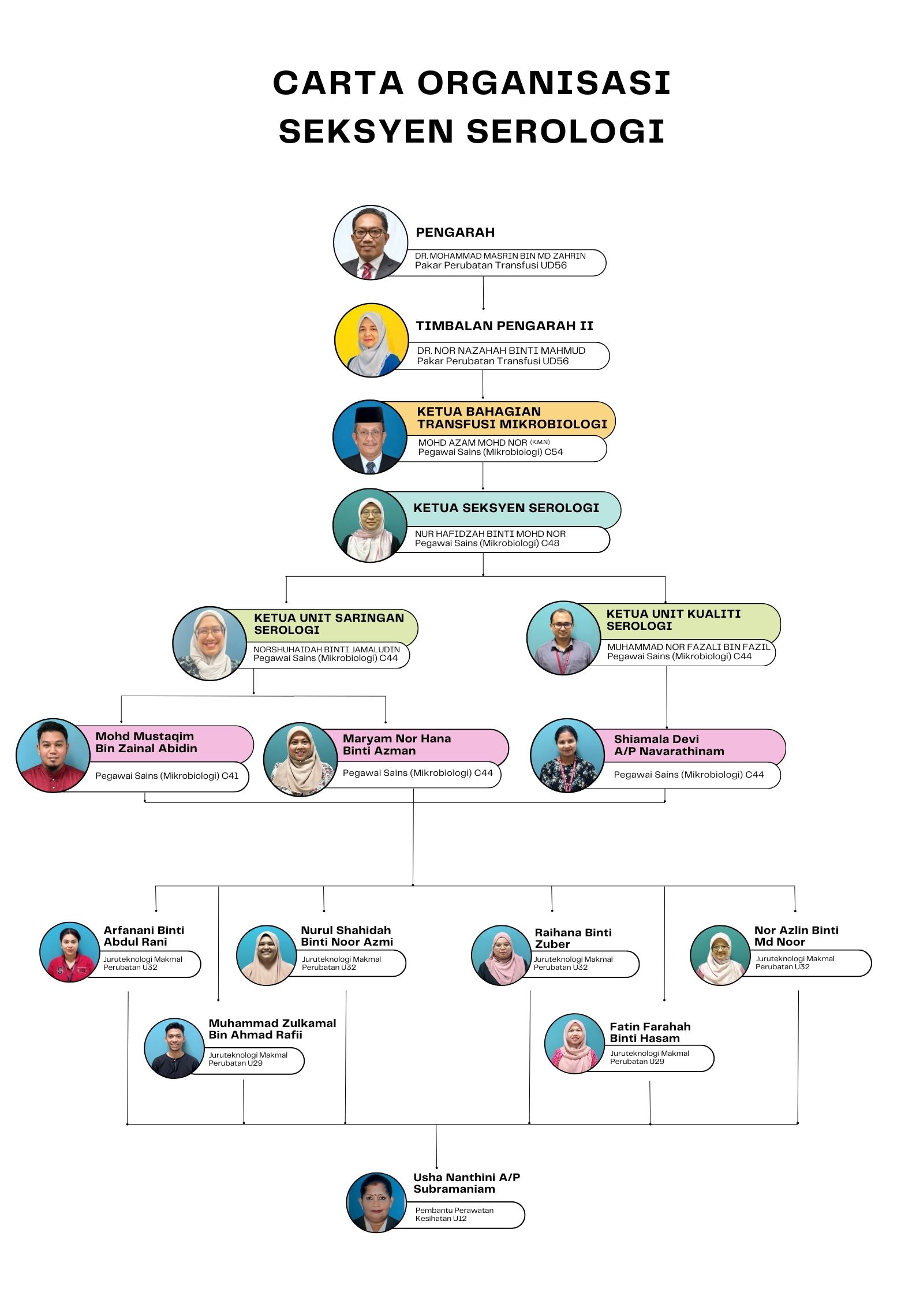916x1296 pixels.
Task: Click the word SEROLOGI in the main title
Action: tap(566, 131)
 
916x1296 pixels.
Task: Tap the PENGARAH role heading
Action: tap(455, 233)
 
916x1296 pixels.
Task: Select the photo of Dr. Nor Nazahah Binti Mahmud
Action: tap(371, 341)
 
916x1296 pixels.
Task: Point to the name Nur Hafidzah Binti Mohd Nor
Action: tap(490, 534)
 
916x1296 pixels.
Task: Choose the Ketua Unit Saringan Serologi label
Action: tap(329, 624)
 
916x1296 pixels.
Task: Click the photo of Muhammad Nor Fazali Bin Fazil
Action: tap(564, 638)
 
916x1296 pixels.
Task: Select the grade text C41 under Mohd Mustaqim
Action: tap(230, 776)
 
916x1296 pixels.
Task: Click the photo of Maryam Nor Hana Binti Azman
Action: tap(300, 760)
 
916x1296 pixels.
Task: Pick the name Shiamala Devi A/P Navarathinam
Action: tap(669, 745)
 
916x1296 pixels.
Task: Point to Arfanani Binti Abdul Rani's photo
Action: tap(70, 952)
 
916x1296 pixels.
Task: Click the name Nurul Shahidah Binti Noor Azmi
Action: tap(347, 936)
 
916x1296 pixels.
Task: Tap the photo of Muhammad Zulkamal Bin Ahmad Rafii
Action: tap(174, 1048)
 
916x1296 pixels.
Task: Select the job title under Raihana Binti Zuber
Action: tap(573, 963)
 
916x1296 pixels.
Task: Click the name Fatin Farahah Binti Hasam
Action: tap(650, 1032)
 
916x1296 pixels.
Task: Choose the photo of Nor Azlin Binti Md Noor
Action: tap(720, 955)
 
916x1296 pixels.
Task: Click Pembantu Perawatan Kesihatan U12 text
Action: tap(454, 1214)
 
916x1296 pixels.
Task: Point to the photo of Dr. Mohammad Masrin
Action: tap(371, 242)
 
